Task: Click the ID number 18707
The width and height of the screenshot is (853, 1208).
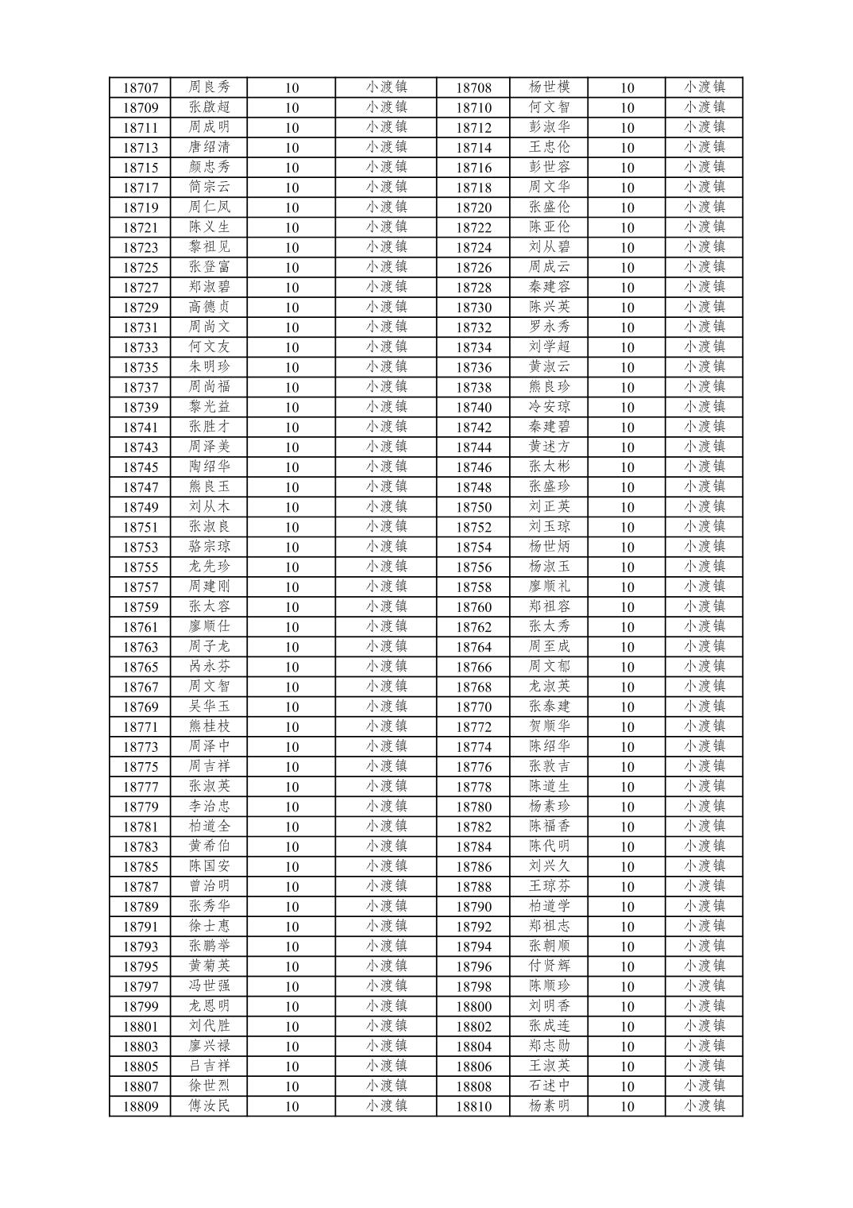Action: click(x=141, y=87)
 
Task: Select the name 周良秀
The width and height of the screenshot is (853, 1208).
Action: click(x=209, y=87)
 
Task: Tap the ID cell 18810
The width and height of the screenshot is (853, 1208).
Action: click(x=473, y=1106)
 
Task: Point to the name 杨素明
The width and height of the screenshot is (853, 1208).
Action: click(x=549, y=1105)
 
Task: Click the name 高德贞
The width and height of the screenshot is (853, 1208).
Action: click(x=209, y=307)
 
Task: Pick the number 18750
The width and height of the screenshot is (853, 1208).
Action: click(x=473, y=507)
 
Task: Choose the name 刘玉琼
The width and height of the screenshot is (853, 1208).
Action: click(x=549, y=526)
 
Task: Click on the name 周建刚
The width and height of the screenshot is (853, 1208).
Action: click(x=209, y=587)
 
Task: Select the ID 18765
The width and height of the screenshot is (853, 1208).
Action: click(x=141, y=667)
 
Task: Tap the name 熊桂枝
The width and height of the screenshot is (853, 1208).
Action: click(x=209, y=726)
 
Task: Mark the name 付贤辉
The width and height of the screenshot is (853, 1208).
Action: click(x=549, y=966)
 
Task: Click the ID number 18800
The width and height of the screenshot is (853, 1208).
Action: click(x=473, y=1006)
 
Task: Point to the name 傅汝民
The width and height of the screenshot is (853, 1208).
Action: click(x=209, y=1105)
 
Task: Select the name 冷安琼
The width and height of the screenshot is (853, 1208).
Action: click(x=549, y=407)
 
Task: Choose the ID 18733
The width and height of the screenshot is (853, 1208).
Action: click(x=141, y=347)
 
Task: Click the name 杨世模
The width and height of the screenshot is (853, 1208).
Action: click(x=549, y=87)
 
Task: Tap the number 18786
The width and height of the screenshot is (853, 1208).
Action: click(x=473, y=866)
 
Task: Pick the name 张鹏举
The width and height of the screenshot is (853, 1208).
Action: click(x=209, y=946)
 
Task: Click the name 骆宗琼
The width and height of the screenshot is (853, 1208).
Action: click(x=209, y=547)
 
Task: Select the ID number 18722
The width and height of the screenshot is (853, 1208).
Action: click(x=473, y=227)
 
